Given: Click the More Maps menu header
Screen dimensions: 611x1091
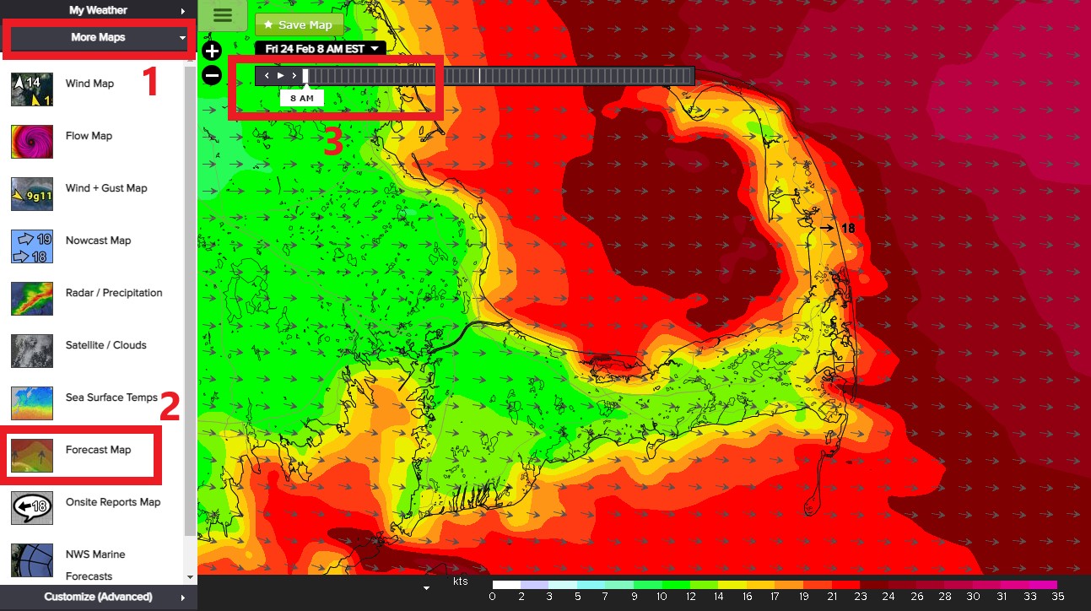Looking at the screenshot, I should point(100,38).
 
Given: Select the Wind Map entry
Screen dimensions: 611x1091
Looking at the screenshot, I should point(89,84).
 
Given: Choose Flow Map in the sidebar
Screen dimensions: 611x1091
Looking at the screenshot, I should point(89,136).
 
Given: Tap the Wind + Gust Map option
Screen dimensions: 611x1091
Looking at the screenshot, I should point(105,188).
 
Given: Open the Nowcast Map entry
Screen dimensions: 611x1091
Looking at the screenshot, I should point(98,241).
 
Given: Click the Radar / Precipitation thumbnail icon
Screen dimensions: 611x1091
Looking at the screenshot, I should point(32,299).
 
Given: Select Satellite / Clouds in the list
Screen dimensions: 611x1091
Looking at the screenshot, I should point(105,345).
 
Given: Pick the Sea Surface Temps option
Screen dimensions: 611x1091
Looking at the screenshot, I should point(111,397).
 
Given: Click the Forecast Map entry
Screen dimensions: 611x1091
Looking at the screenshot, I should point(98,450).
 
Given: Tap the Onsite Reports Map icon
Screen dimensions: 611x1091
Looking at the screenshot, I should point(32,508).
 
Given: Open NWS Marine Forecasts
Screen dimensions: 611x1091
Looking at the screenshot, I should point(95,565).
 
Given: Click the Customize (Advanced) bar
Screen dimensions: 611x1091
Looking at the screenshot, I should point(98,597).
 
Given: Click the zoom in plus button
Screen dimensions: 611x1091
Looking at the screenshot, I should point(212,51).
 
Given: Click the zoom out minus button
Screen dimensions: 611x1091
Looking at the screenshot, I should point(212,76).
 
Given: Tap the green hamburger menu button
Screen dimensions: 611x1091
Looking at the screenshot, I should point(223,15).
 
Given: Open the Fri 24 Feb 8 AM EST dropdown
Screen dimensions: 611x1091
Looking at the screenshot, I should point(320,49).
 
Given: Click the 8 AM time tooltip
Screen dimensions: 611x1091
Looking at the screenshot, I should point(301,98).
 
